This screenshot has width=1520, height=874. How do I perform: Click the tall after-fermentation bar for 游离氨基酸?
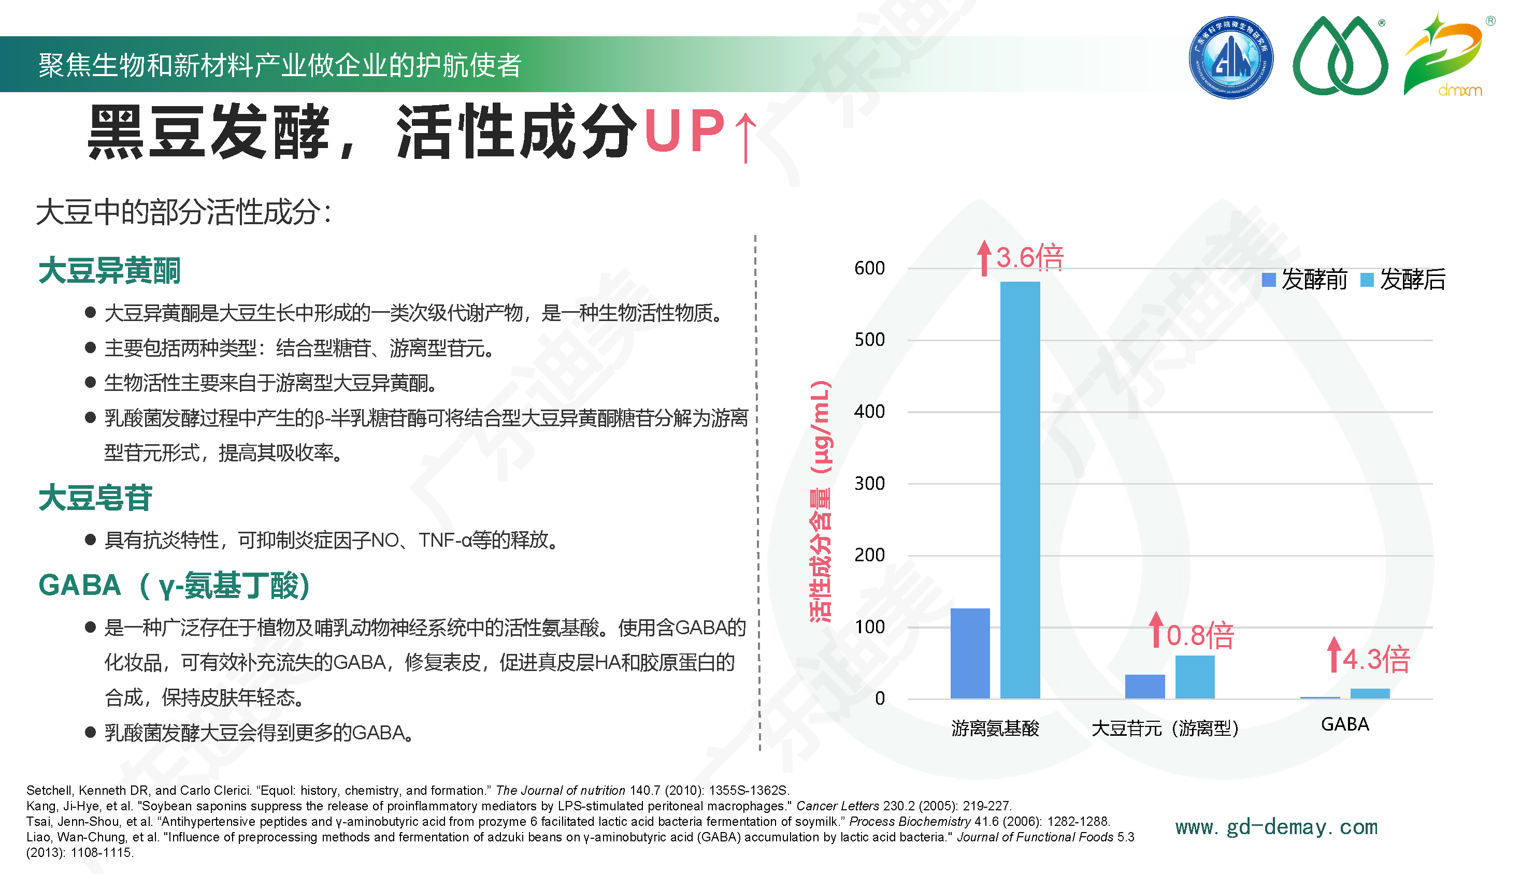(1020, 490)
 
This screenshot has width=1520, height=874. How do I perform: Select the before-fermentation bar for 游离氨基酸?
(970, 653)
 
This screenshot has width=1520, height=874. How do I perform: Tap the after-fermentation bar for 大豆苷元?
(1195, 677)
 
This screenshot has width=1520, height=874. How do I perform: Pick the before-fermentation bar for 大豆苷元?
(1144, 686)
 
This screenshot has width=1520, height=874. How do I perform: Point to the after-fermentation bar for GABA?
(1370, 693)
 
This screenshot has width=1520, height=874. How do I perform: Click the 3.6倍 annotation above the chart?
(1021, 257)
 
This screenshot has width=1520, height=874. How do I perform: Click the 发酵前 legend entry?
(1305, 280)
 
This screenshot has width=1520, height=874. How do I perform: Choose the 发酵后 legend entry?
(1403, 280)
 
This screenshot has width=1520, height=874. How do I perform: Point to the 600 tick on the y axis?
(870, 268)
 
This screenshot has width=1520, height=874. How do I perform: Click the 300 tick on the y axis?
(870, 483)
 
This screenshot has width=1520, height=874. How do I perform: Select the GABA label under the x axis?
(1345, 724)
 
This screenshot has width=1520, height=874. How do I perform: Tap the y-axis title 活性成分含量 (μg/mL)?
(821, 501)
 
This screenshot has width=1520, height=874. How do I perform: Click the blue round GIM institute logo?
(1230, 57)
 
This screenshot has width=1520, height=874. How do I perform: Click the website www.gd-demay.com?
(1276, 827)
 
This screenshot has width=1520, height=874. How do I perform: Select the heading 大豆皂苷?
(95, 498)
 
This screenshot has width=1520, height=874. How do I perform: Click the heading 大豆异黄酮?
(109, 270)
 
